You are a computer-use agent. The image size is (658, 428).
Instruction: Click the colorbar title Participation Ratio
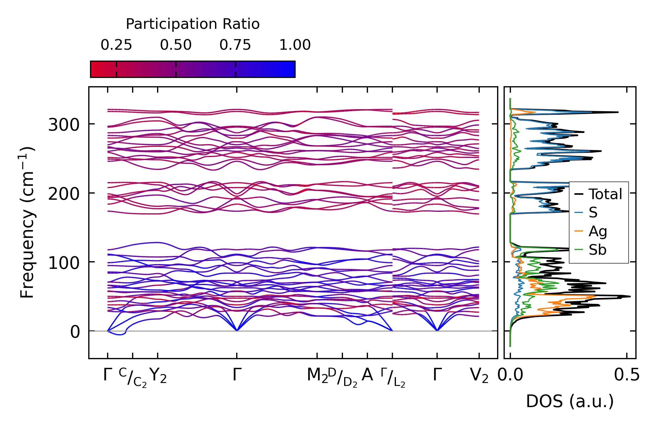(193, 24)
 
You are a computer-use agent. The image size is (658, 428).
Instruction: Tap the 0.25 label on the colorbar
(116, 45)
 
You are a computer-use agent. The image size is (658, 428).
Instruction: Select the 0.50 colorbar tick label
(176, 45)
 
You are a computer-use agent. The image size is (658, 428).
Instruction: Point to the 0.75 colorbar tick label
(235, 45)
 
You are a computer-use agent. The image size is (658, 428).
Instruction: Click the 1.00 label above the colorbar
(295, 45)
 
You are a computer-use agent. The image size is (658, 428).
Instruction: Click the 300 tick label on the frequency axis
(64, 125)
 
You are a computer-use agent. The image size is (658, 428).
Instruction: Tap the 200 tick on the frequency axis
(64, 194)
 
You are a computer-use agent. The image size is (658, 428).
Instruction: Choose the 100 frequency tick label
(64, 263)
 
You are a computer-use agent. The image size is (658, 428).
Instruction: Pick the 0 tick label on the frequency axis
(75, 332)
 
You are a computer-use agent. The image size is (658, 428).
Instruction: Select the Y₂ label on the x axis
(158, 376)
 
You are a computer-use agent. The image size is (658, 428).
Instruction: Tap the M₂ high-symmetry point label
(317, 376)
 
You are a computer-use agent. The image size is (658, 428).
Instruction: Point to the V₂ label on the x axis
(479, 376)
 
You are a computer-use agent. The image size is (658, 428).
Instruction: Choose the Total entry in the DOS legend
(605, 194)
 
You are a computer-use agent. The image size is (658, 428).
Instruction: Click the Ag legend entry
(598, 231)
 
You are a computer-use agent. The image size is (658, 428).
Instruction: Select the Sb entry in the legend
(597, 250)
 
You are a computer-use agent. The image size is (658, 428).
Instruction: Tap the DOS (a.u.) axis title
(570, 401)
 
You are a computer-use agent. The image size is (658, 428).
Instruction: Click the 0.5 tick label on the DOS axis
(627, 375)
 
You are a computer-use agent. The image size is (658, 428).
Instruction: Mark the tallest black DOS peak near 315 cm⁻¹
(617, 112)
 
